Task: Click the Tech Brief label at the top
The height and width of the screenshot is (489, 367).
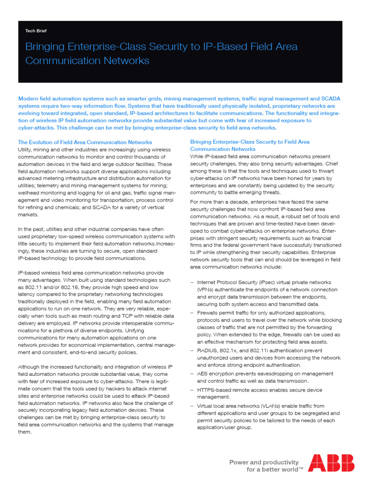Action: (36, 31)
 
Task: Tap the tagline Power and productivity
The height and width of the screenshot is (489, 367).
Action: (264, 462)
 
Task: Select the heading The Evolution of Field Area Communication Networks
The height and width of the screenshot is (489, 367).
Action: (85, 142)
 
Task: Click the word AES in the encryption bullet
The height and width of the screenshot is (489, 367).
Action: (203, 373)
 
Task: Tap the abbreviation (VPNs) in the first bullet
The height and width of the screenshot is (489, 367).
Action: (205, 290)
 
